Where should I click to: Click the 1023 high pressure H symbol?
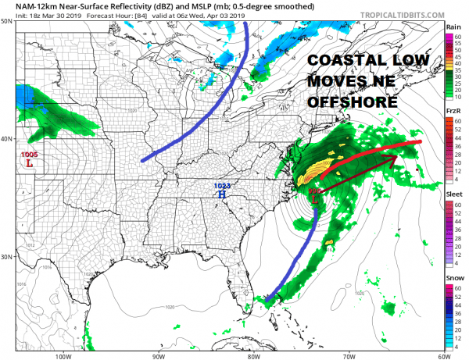click(222, 195)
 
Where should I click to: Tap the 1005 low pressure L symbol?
click(29, 164)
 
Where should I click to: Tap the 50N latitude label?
click(5, 22)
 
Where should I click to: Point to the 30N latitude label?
click(5, 256)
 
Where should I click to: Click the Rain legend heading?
click(453, 27)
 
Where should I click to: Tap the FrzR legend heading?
click(453, 112)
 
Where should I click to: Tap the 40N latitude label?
click(5, 139)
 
